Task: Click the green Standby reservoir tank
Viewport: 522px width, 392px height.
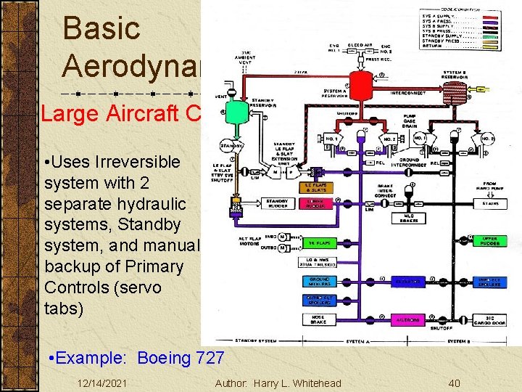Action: [x=235, y=111]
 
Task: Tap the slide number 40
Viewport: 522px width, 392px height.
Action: [x=455, y=383]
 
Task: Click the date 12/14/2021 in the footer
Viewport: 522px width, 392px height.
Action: [x=102, y=383]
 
